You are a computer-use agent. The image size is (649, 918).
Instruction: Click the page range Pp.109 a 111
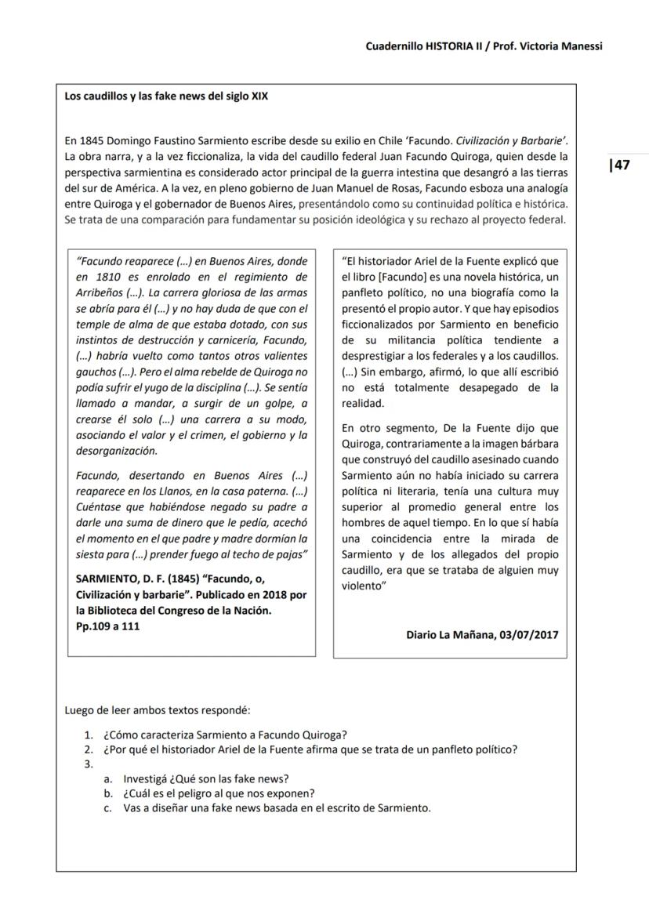pos(108,626)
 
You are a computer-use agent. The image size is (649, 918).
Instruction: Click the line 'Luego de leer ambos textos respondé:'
pos(157,710)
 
